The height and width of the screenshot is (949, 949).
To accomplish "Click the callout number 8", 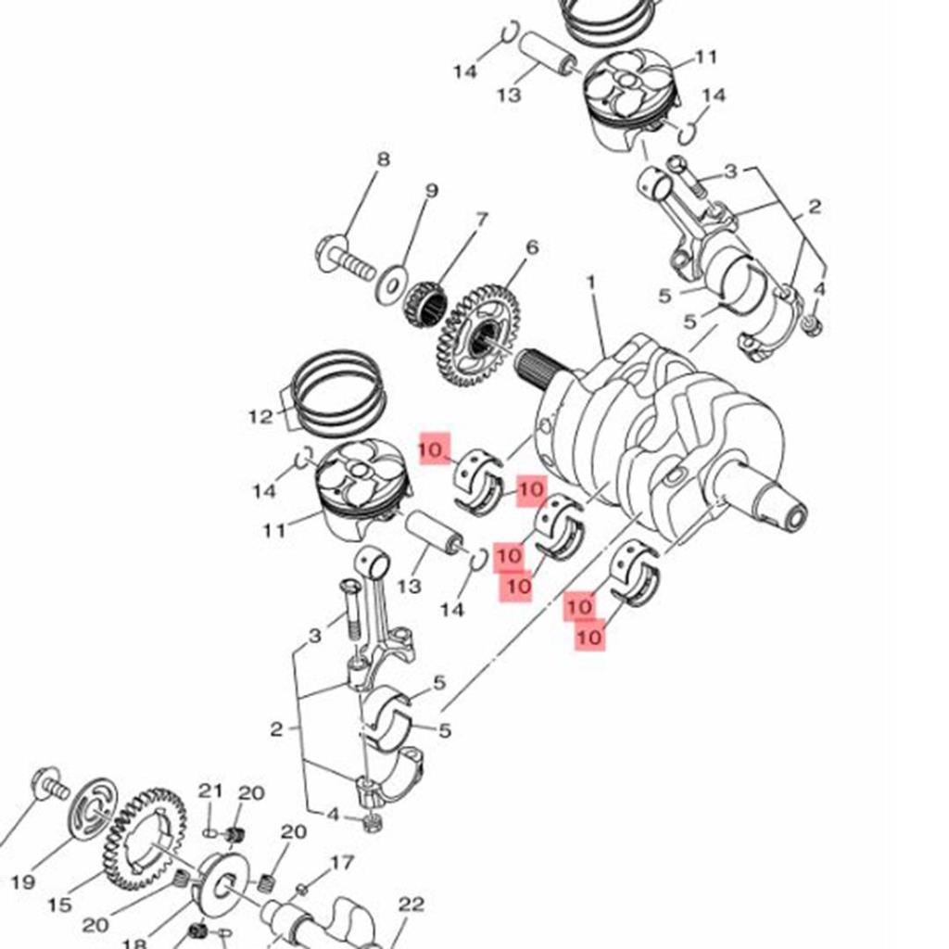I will [383, 159].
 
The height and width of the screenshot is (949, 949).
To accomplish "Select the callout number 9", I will [431, 191].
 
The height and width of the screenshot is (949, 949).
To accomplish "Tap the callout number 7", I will [481, 220].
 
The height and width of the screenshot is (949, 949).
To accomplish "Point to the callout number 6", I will [531, 247].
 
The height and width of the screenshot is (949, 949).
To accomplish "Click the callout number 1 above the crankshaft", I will [590, 280].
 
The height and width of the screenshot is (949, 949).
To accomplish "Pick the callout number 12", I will [260, 417].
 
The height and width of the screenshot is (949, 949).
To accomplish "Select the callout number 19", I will [24, 881].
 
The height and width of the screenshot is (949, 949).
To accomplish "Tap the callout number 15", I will [59, 905].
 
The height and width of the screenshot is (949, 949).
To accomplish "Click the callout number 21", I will [211, 791].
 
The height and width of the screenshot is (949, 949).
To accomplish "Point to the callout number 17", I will [342, 863].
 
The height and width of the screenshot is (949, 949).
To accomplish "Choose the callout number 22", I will [411, 904].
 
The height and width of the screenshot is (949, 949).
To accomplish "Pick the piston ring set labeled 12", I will [338, 395].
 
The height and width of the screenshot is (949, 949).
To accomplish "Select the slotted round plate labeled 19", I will [94, 808].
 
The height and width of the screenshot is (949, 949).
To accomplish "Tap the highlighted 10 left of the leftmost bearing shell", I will [434, 449].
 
